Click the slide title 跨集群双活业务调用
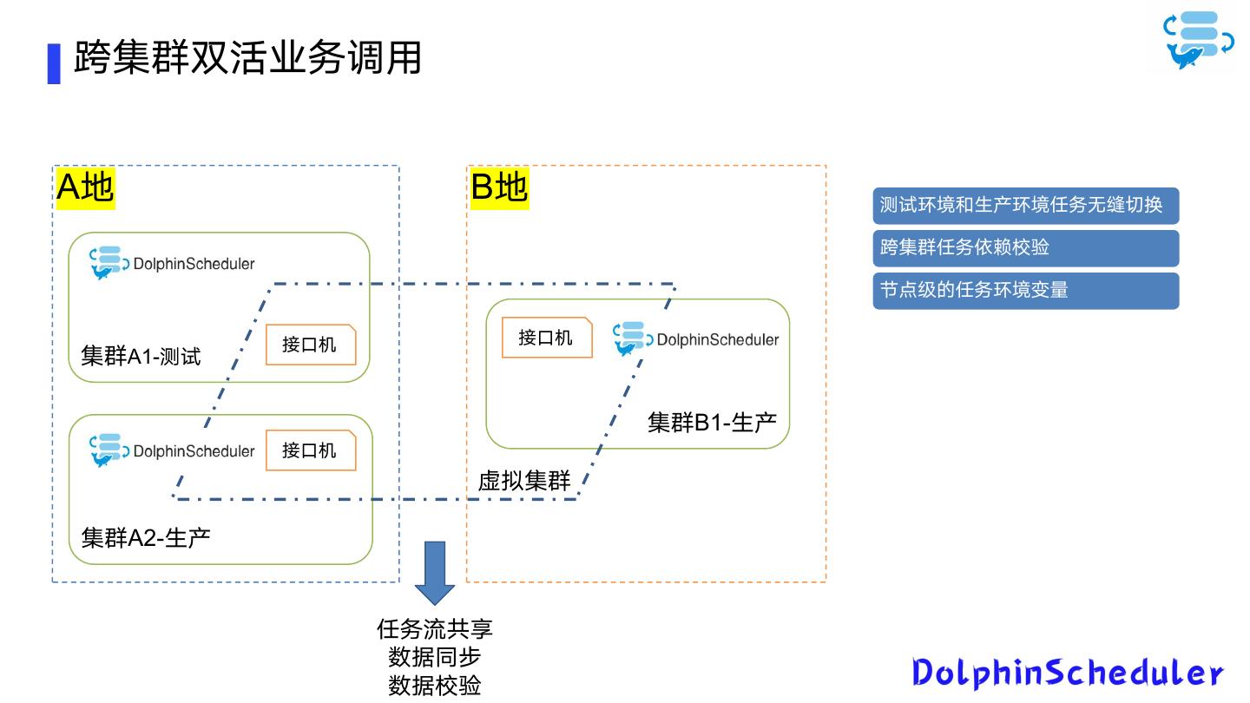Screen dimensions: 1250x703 pos(247,57)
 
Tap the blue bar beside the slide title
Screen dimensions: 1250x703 pos(54,63)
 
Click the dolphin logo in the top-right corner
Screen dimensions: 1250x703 pos(1198,40)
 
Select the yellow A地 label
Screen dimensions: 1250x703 pos(85,187)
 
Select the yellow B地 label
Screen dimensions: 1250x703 pos(499,187)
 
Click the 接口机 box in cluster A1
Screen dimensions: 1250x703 pos(311,345)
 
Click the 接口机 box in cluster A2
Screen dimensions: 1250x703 pos(311,450)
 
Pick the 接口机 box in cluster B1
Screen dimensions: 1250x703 pos(547,338)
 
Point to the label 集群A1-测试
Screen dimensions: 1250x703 pos(141,356)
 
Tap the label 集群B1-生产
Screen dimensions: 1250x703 pos(712,423)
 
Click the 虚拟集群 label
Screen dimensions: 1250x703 pos(524,481)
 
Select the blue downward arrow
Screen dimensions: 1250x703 pos(435,573)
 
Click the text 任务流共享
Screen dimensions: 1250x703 pos(435,629)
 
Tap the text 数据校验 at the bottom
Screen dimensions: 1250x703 pos(435,686)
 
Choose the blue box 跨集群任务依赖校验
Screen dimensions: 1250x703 pos(1026,248)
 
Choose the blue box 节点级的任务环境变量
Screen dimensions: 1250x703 pos(1026,291)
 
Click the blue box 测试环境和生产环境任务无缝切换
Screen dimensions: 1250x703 pos(1026,206)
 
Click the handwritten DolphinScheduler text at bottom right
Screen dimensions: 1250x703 pos(1068,673)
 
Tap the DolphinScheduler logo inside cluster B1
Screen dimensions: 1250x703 pos(696,338)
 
